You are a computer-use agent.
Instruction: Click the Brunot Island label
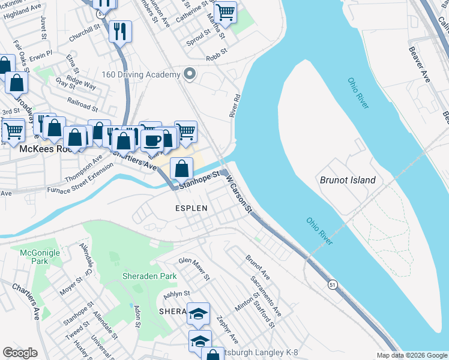[x=348, y=180]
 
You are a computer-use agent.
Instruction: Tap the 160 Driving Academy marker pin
[x=190, y=74]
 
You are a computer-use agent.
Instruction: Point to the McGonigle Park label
[x=40, y=257]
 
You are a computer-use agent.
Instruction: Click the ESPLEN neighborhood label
[x=191, y=208]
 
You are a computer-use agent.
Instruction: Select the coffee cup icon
[x=152, y=141]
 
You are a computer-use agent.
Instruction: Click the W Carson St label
[x=240, y=193]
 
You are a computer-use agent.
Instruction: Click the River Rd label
[x=235, y=104]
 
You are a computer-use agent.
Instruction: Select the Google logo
[x=20, y=353]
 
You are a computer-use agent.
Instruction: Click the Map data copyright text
[x=412, y=355]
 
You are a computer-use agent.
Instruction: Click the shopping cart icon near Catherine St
[x=225, y=11]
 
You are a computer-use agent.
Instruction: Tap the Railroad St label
[x=82, y=103]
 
